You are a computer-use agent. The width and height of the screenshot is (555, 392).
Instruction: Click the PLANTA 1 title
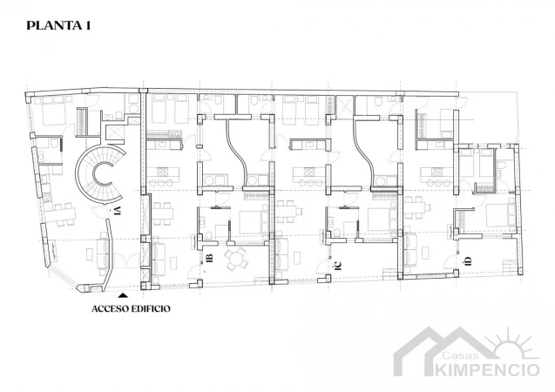58,26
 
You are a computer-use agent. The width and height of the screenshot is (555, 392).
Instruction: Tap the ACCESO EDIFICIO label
131,308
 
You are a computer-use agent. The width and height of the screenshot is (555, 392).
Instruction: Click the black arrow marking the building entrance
123,295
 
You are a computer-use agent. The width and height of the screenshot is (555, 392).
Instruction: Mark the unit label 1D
467,261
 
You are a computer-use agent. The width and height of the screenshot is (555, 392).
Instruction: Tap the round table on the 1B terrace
236,259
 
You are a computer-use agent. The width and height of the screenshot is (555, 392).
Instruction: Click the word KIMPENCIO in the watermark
487,369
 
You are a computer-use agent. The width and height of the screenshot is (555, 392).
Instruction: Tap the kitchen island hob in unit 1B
164,172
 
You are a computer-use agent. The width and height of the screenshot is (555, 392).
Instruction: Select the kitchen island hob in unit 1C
309,172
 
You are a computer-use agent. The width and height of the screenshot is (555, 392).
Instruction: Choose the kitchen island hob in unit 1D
437,172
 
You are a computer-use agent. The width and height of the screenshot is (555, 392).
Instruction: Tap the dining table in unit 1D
417,208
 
